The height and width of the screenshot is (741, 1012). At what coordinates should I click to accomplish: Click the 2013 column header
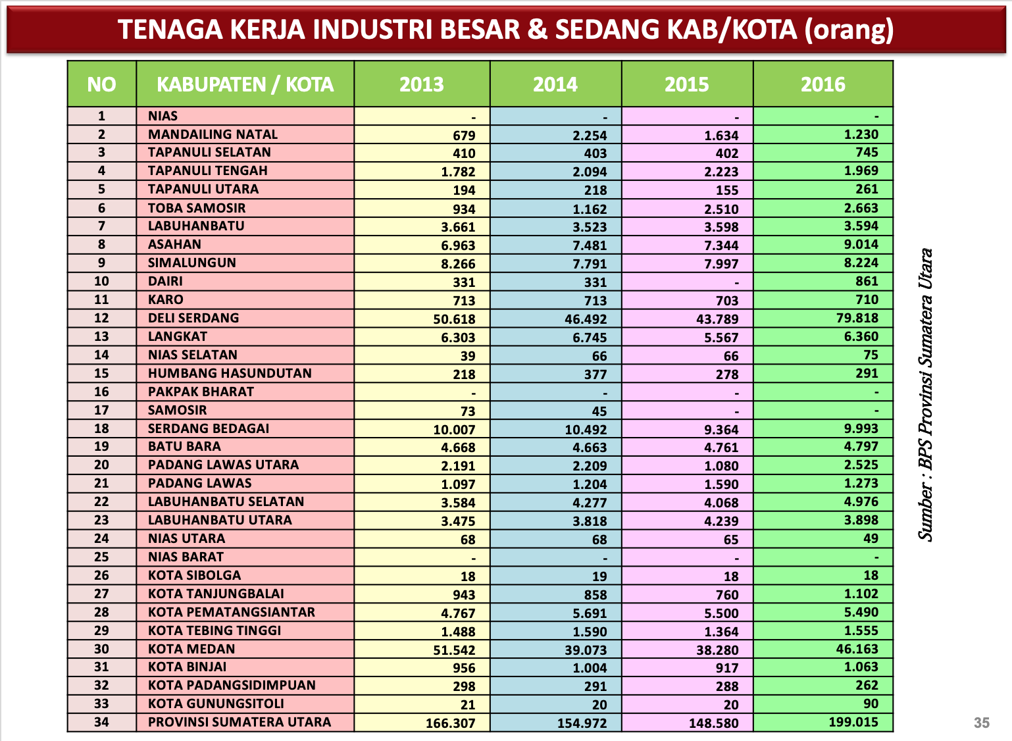pos(422,84)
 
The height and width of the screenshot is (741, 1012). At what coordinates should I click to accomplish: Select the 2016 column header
pos(822,84)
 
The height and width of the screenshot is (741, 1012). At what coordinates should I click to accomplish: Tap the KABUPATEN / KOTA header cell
pos(245,84)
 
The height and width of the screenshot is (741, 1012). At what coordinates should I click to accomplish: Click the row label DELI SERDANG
pos(193,318)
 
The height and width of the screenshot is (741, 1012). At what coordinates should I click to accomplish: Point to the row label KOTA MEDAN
pos(191,649)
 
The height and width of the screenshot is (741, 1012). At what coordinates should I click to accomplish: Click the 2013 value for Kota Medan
pos(450,650)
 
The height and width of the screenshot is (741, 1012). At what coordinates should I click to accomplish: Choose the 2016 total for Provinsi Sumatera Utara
pos(853,722)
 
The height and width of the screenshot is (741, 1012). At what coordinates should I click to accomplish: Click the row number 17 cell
pos(101,410)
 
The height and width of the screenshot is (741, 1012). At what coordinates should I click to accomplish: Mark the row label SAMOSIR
pos(178,410)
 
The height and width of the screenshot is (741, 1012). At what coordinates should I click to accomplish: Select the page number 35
pos(981,723)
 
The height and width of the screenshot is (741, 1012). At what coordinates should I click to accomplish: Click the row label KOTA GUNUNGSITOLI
pos(216,703)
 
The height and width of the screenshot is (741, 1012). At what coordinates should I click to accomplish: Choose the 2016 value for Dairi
pos(867,281)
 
